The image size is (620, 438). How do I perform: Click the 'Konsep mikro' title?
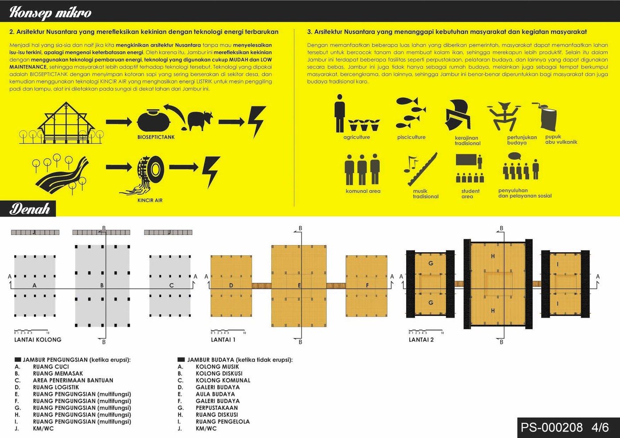pos(50,12)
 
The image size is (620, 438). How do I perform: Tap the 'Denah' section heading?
pos(30,209)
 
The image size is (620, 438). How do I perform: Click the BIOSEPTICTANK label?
pos(156,137)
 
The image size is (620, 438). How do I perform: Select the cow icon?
pos(200,120)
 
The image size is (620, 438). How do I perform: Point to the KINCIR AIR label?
pos(150,200)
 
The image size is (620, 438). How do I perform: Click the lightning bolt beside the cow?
pos(256,121)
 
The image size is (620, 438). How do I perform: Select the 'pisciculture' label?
pos(411,137)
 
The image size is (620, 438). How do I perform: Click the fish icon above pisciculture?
pos(411,112)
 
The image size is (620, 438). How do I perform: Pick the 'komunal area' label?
pos(363,191)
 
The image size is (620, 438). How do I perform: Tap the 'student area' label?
pos(469,194)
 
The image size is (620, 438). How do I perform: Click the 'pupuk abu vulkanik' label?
pos(561,139)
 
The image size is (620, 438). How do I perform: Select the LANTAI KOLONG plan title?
pos(38,340)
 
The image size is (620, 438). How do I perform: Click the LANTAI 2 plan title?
pos(421,340)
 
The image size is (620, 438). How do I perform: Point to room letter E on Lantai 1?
pos(299,285)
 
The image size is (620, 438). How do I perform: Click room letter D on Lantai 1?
pos(231,285)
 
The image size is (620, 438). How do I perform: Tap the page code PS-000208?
pos(551,427)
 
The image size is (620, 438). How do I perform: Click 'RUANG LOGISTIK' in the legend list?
pos(56,387)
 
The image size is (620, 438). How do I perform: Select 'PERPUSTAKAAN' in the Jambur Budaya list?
pos(217,408)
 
